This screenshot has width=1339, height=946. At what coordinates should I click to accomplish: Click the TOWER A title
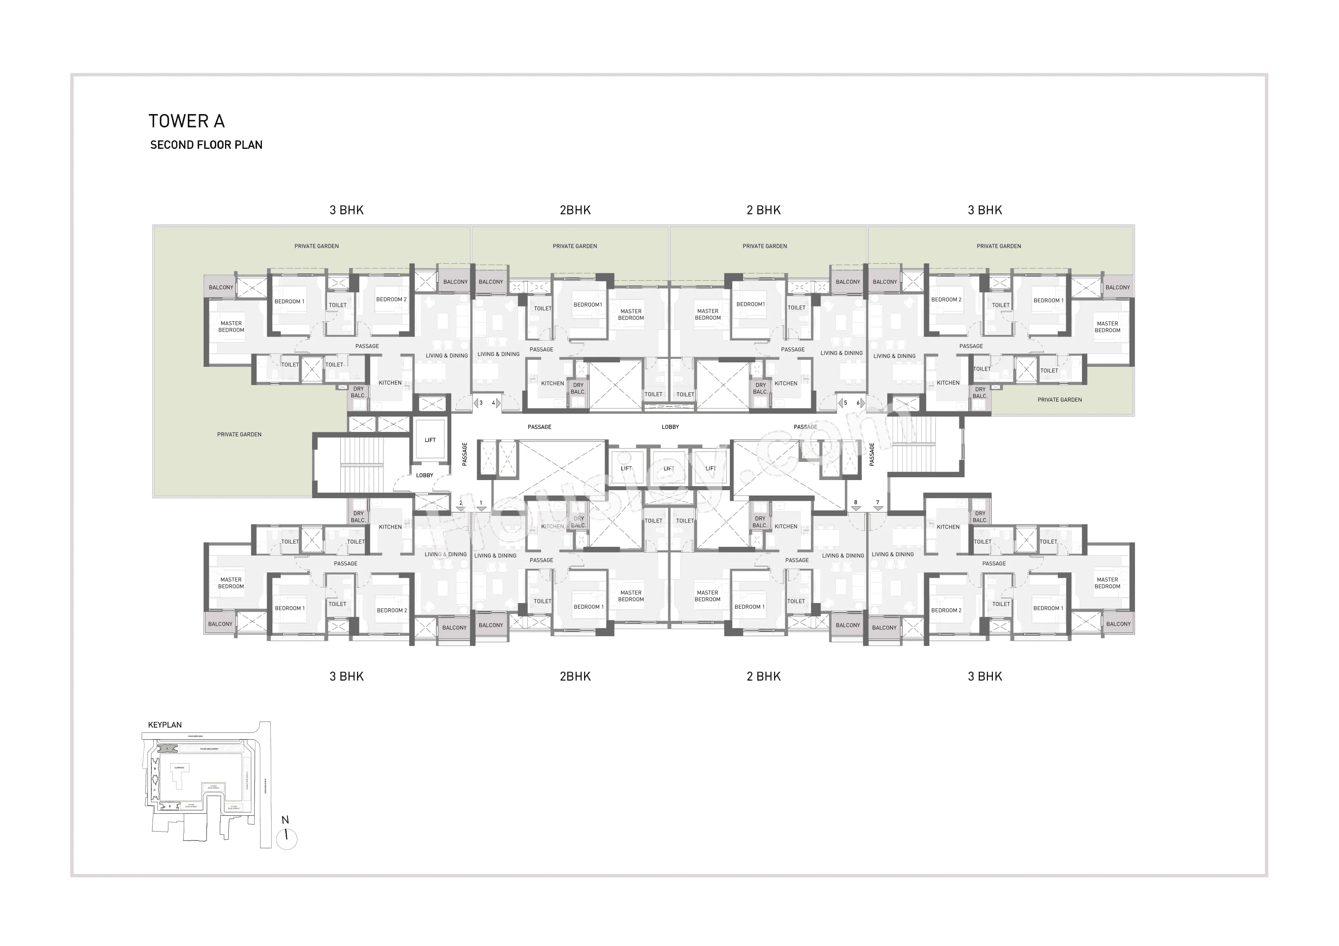pos(187,121)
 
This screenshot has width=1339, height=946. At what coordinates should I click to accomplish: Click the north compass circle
pos(287,839)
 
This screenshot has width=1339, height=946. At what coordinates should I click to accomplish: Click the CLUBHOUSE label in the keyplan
pos(180,768)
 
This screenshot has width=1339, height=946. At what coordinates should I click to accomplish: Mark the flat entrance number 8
pos(856,502)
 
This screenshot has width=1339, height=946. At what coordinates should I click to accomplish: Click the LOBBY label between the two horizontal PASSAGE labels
pos(670,427)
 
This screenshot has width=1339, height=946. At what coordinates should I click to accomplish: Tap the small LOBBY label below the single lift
pos(425,476)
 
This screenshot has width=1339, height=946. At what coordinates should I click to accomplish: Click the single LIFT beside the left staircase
pos(430,440)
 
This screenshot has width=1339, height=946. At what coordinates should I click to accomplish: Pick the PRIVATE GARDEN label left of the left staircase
pos(239,435)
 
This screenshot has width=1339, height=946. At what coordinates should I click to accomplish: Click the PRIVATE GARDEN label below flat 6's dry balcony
pos(1060,400)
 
